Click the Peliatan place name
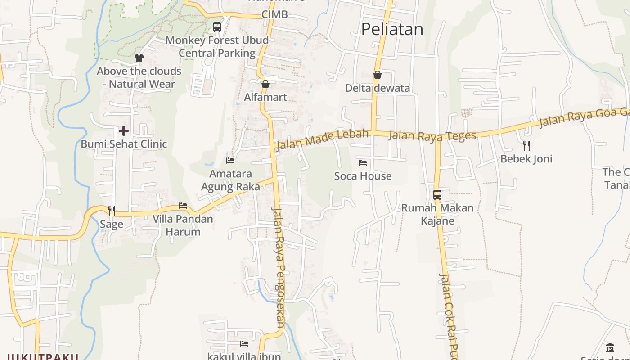[392, 29]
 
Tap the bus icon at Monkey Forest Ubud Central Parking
[217, 27]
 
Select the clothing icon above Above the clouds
[139, 58]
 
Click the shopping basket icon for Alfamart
[265, 84]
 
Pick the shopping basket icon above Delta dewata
[378, 75]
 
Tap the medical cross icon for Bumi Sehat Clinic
[124, 131]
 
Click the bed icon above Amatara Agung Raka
[230, 161]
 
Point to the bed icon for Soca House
[363, 163]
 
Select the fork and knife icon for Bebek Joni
[526, 145]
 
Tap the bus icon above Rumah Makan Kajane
[437, 195]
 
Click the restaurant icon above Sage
[111, 211]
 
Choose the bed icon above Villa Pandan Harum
[183, 206]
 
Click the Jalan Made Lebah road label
[322, 139]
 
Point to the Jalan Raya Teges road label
[432, 135]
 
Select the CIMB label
[274, 14]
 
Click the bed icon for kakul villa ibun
[244, 344]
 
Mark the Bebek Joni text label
[526, 159]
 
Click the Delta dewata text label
[378, 88]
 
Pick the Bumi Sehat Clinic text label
[124, 144]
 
